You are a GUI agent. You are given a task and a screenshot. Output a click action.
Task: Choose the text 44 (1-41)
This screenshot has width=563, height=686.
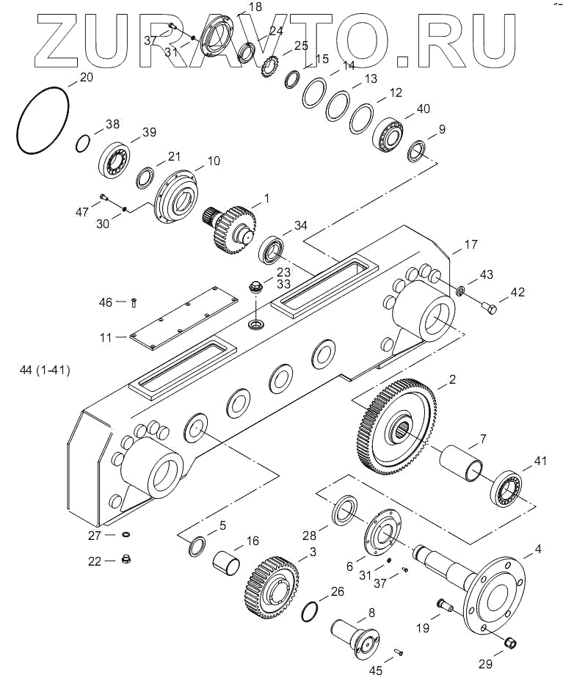pyautogui.click(x=46, y=371)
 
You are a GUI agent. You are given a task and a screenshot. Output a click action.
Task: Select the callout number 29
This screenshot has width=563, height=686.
pyautogui.click(x=484, y=665)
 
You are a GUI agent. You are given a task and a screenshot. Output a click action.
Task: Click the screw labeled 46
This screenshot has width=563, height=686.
pyautogui.click(x=134, y=302)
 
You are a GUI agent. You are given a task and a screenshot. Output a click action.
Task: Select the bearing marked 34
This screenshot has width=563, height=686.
pyautogui.click(x=275, y=249)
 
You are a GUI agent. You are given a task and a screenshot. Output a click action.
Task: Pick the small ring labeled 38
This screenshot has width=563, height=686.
pyautogui.click(x=84, y=141)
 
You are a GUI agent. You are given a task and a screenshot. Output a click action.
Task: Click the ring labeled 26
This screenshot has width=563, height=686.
pyautogui.click(x=311, y=611)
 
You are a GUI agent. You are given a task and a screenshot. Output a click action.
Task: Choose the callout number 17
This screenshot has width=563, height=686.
pyautogui.click(x=471, y=244)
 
